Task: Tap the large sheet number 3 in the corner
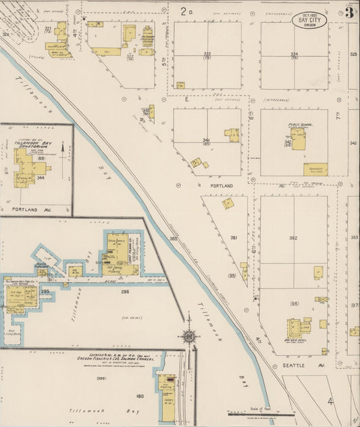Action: pos(350,11)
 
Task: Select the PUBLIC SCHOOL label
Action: pos(298,124)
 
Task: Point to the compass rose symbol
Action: pos(190,336)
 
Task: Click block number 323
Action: pos(207,53)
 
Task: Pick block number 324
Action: pos(294,53)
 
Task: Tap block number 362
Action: pos(293,238)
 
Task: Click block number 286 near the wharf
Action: pos(124,292)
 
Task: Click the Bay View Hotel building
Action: pos(295,329)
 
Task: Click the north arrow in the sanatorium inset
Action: pos(62,148)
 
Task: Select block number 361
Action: pos(234,238)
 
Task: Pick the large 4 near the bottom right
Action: pos(330,401)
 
